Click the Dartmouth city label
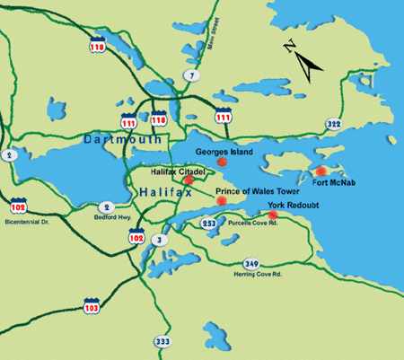point(122,140)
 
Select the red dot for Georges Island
point(221,164)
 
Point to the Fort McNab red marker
point(320,171)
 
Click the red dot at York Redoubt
point(273,215)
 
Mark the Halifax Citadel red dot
point(189,180)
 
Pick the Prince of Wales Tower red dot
point(221,202)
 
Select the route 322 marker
point(334,124)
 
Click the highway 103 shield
point(92,307)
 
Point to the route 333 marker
point(162,342)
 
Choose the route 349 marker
point(251,263)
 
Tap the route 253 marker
point(208,222)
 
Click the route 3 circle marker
point(159,239)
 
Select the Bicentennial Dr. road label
point(31,220)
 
